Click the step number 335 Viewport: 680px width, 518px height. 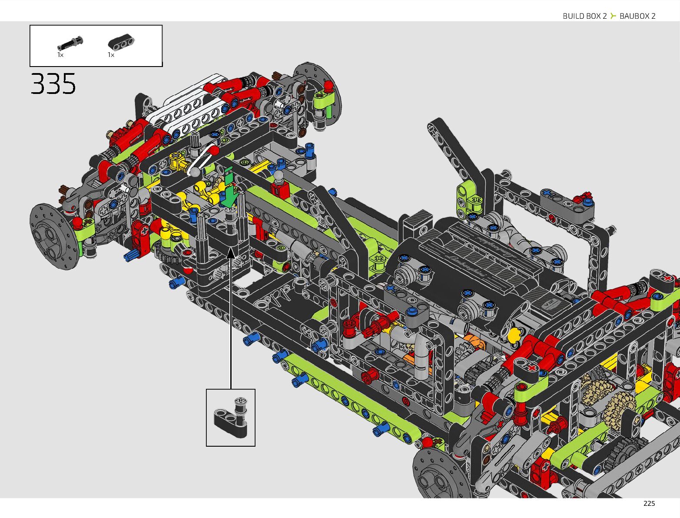pos(53,84)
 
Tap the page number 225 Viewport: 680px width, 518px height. pos(649,504)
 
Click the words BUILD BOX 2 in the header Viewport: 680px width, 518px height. pos(584,16)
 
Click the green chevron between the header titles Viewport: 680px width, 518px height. pos(613,16)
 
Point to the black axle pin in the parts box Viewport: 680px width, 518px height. pos(70,43)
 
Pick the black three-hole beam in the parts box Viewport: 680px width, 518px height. pos(121,42)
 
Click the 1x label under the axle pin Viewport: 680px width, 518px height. pos(60,55)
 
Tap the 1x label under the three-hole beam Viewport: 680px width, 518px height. pos(111,55)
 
